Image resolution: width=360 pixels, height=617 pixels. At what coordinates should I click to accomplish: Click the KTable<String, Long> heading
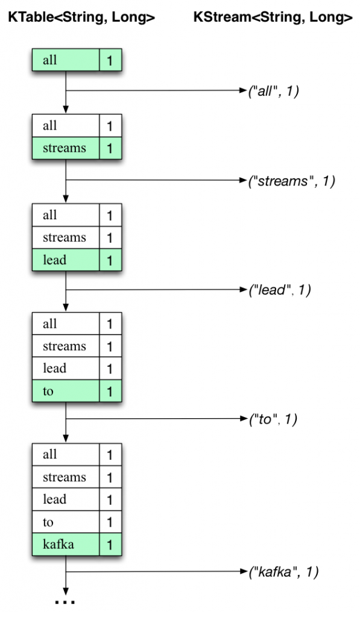(x=81, y=17)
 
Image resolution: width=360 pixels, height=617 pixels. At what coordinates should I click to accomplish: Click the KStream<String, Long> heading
(x=273, y=17)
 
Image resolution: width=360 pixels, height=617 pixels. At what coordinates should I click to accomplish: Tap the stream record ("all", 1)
(x=274, y=91)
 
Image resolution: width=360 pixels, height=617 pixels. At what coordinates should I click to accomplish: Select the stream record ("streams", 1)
(x=291, y=181)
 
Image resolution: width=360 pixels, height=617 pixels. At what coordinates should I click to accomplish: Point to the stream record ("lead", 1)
(x=280, y=290)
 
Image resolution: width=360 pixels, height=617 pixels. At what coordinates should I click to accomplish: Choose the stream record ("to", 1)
(x=273, y=419)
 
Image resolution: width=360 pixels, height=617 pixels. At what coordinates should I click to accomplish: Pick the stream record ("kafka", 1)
(x=283, y=572)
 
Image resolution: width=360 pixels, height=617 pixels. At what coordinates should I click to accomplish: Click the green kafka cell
(x=66, y=545)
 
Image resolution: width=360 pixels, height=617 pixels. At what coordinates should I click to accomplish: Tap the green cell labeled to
(x=66, y=391)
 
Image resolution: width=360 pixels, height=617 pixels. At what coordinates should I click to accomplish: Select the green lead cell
(x=66, y=260)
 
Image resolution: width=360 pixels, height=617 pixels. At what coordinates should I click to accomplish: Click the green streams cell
(x=66, y=148)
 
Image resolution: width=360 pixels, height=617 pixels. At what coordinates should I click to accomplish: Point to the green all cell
(x=66, y=60)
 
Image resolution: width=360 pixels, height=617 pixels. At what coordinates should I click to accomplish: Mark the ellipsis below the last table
(x=65, y=602)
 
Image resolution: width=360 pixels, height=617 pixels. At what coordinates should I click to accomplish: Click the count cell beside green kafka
(x=110, y=545)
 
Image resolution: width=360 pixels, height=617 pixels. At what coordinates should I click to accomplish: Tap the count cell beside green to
(x=110, y=391)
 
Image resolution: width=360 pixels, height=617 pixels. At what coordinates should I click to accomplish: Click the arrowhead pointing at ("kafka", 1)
(x=244, y=572)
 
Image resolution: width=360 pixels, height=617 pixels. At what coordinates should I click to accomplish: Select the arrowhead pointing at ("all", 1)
(x=244, y=90)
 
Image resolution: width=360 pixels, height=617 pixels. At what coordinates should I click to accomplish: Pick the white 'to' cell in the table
(x=66, y=522)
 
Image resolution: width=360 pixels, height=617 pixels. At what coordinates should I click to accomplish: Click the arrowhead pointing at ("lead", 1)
(x=244, y=290)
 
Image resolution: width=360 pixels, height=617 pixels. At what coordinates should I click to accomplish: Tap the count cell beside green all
(x=110, y=60)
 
